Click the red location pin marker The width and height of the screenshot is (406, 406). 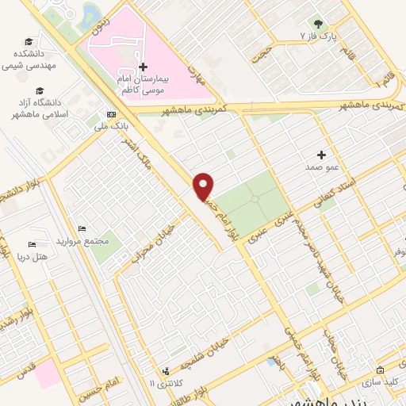point(204,185)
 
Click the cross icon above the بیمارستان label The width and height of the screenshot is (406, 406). point(143,67)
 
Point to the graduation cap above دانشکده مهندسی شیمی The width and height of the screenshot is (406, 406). point(29,41)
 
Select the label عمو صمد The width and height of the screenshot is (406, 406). point(320,168)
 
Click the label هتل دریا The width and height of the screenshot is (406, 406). point(32,257)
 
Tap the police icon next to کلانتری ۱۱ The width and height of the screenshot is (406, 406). point(167,370)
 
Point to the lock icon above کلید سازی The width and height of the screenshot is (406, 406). point(380,370)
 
